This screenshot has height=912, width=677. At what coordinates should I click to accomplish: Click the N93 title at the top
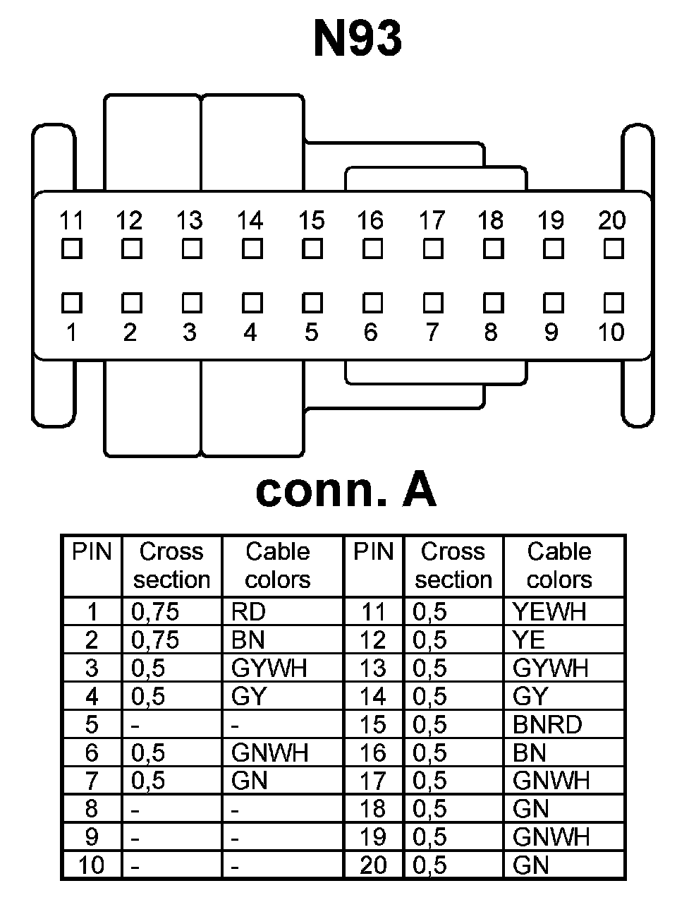358,39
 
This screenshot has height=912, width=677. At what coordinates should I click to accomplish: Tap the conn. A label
346,490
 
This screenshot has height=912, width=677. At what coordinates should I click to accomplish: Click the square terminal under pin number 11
71,249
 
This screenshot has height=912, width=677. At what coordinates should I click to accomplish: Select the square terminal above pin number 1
71,303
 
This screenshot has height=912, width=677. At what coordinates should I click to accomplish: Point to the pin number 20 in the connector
611,221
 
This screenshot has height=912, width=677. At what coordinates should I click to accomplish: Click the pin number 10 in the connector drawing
611,332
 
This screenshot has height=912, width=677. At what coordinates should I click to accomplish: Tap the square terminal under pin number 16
372,249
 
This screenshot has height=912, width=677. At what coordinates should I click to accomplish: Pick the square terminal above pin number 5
312,303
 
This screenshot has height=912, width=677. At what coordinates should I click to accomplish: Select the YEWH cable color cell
549,612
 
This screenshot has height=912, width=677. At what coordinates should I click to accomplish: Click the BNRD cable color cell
547,725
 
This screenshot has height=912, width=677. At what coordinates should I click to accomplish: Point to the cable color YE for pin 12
529,640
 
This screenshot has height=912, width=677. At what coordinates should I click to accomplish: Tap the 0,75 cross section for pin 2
155,640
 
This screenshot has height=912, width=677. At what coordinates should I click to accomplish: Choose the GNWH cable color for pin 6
269,753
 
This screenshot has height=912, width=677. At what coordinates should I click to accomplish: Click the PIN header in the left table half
92,552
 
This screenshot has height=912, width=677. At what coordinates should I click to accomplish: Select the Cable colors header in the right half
559,565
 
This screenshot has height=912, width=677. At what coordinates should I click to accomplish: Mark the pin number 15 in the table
372,725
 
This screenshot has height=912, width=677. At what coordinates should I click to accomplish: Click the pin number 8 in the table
92,810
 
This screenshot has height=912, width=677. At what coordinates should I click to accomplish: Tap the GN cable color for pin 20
530,865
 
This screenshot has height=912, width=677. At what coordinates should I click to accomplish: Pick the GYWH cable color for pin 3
269,668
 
